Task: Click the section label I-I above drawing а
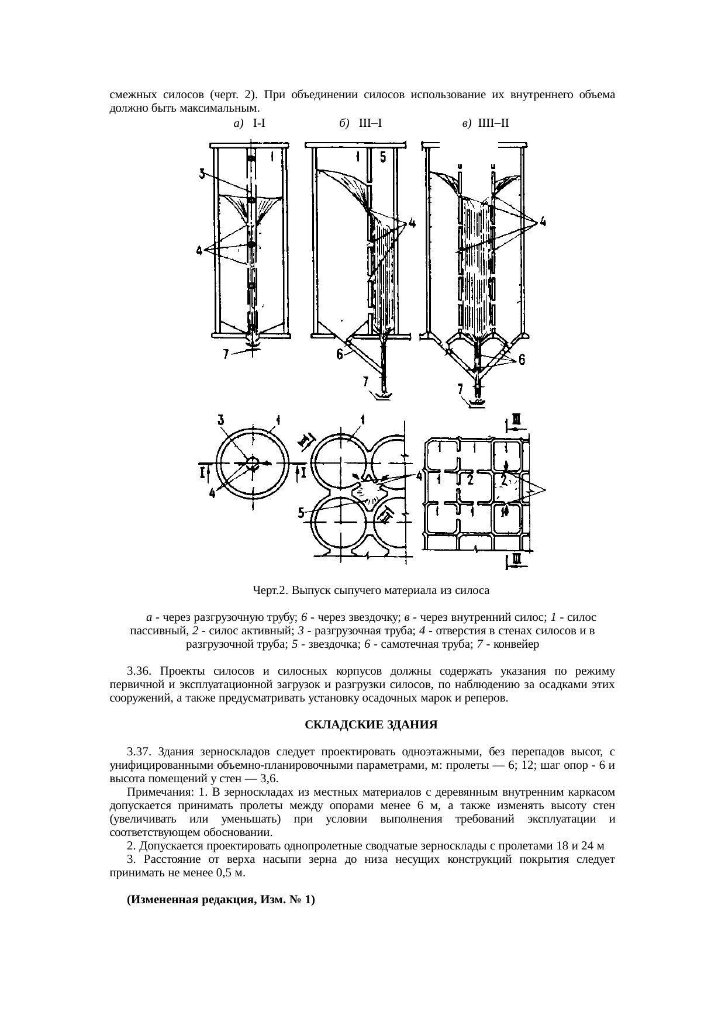point(261,123)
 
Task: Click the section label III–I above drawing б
point(371,123)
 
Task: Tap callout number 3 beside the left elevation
point(202,174)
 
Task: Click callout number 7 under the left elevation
point(227,354)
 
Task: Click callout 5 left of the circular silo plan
point(301,513)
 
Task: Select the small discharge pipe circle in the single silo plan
point(253,463)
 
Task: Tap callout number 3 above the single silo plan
point(220,420)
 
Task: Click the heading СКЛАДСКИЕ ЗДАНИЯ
point(371,725)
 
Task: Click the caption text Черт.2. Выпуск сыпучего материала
point(371,590)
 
